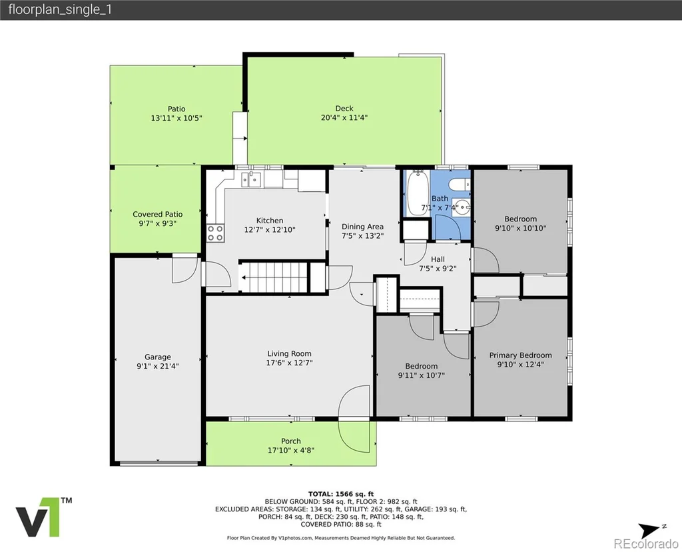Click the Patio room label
point(176,109)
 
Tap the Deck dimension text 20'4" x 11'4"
point(344,117)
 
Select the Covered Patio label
point(157,214)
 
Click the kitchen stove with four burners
point(215,233)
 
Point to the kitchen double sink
point(251,179)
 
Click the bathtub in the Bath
point(417,193)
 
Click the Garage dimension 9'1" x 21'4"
point(157,366)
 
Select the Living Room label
point(289,353)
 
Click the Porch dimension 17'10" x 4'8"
point(290,450)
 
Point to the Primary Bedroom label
point(520,355)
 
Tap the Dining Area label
point(362,227)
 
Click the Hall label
point(438,259)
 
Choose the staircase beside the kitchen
point(274,277)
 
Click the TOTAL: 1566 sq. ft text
point(341,493)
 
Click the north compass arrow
point(649,531)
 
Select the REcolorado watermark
point(645,544)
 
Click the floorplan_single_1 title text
point(60,9)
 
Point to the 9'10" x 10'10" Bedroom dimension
point(520,228)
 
